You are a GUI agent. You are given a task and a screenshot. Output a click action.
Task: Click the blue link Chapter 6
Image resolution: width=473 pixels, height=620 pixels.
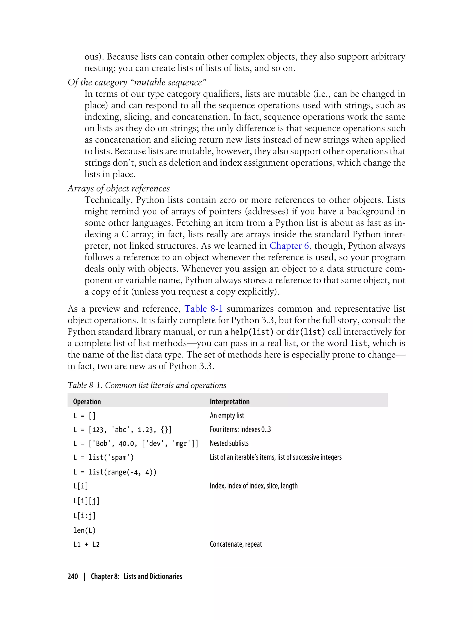tap(289, 246)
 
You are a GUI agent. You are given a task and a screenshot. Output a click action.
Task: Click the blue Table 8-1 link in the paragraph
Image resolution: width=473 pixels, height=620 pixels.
tap(203, 309)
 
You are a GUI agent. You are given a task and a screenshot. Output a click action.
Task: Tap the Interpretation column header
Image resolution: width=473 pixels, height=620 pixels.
tap(230, 402)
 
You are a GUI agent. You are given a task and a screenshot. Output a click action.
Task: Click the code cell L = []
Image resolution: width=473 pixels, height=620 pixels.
tap(84, 416)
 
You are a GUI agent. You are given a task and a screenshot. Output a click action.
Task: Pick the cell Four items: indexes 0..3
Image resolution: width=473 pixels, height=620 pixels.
tap(240, 429)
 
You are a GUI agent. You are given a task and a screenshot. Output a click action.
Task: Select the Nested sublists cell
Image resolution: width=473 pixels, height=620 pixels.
tap(229, 443)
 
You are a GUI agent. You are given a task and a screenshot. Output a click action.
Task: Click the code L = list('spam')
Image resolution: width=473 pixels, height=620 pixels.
tap(103, 457)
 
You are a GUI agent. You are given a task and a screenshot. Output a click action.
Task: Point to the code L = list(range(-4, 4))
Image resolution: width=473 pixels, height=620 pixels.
tap(115, 472)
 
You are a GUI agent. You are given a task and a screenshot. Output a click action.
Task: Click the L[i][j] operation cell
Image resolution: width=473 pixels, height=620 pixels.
tap(86, 501)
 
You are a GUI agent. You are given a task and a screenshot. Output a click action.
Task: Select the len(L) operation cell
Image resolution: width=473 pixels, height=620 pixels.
tap(84, 530)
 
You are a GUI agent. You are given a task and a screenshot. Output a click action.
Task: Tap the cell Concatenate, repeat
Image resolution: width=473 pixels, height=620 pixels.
tap(236, 544)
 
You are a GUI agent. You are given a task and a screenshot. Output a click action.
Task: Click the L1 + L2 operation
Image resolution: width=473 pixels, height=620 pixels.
tap(86, 544)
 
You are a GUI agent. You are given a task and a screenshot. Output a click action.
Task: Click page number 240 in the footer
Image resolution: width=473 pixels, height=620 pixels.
tap(73, 576)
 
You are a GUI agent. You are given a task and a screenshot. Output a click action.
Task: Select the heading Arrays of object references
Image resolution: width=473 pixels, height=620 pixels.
tap(118, 188)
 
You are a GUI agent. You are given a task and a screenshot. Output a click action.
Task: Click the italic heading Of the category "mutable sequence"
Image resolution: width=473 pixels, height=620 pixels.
tap(137, 82)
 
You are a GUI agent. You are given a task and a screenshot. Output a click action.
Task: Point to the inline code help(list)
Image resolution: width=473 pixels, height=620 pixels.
tap(252, 332)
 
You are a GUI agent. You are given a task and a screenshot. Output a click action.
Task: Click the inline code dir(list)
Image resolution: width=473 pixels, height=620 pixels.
tap(306, 332)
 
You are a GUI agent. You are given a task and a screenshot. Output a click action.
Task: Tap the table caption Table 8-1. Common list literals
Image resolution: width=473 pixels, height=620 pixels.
tap(147, 385)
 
